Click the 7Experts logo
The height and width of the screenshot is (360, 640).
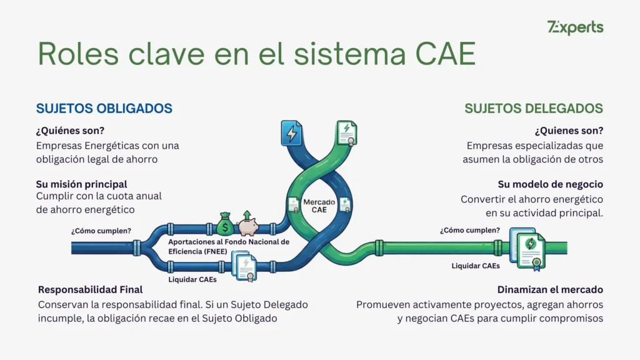point(575,27)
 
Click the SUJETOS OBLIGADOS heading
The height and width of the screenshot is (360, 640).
point(104,108)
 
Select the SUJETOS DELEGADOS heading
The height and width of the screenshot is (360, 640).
point(534,108)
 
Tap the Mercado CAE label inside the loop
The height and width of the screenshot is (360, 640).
point(319,206)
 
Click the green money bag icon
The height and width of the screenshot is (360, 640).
point(226,224)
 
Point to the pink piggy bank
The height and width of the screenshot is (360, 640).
point(248,224)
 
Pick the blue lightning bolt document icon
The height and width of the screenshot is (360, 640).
point(291,133)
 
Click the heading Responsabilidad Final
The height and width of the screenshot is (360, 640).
point(91,290)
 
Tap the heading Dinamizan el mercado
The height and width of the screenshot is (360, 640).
point(550,290)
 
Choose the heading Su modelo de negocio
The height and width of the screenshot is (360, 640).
point(550,184)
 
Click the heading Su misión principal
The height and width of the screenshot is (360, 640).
point(82,184)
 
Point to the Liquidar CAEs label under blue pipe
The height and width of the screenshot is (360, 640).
point(192,279)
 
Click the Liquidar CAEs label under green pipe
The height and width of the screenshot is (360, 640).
point(476,266)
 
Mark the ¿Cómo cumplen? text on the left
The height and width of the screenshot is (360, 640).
point(101,231)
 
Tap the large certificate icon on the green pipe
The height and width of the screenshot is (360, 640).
point(529,247)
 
